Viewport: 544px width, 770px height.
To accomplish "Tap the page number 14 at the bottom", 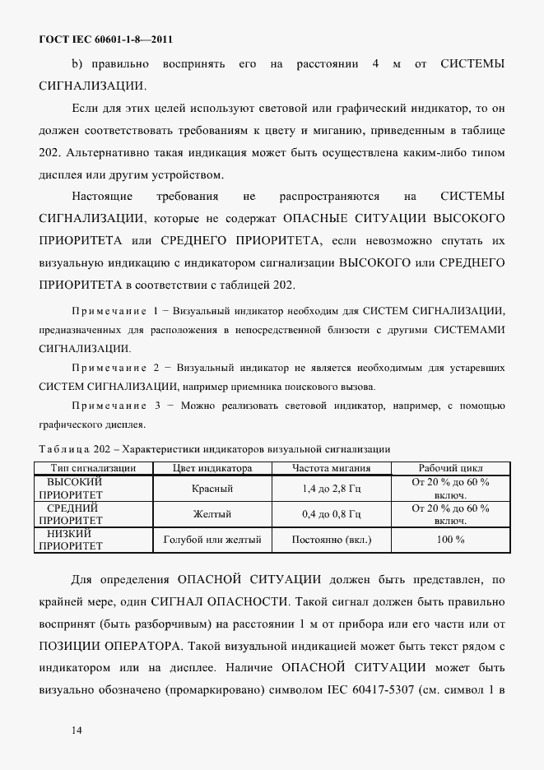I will click(77, 730).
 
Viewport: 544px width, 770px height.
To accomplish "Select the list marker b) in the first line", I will click(77, 63).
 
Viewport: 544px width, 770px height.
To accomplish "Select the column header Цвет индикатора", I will click(212, 468).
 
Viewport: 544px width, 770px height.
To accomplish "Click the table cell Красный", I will click(212, 489).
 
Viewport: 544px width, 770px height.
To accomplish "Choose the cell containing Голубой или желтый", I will click(212, 540).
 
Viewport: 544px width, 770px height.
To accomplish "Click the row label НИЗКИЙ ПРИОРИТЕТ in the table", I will click(72, 540).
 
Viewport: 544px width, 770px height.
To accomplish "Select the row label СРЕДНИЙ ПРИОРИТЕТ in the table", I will click(72, 514).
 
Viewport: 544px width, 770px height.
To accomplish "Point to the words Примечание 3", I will click(116, 406).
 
